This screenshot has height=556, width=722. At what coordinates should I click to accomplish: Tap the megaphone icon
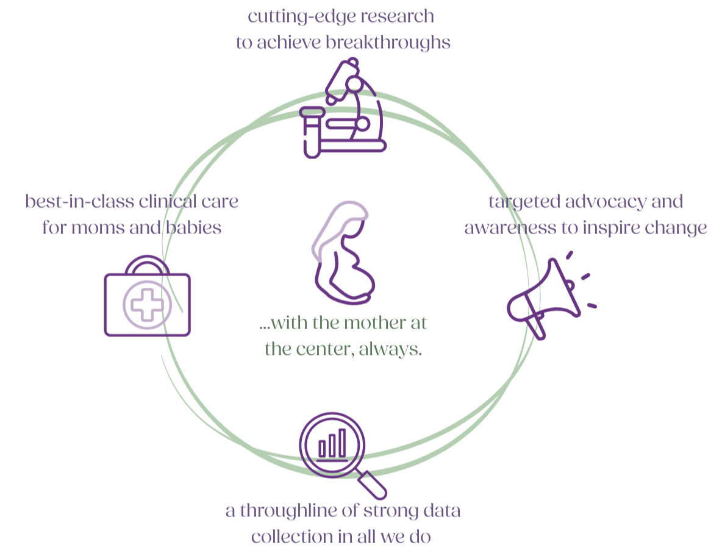click(x=545, y=293)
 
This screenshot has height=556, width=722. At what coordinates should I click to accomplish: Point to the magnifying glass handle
click(x=373, y=484)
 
